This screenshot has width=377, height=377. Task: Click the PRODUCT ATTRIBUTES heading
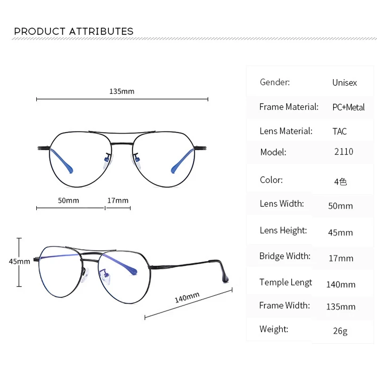tap(74, 32)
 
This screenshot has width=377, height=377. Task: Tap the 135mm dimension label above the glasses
tap(122, 91)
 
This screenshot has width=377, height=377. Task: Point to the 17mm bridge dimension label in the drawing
tap(117, 200)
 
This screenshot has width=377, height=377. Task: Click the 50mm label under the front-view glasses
tap(68, 200)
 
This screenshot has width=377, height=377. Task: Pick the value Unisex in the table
tap(344, 82)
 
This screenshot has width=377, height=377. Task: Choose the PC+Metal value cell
tap(348, 107)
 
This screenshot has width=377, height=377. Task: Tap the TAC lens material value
tap(339, 131)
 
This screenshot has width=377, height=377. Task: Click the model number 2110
tap(344, 152)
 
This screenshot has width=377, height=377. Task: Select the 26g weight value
tap(340, 331)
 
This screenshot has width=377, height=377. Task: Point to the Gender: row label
tap(275, 82)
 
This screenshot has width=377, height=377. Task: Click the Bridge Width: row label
tap(285, 256)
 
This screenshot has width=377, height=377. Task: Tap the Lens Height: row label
tap(283, 230)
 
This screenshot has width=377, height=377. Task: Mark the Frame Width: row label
tap(284, 305)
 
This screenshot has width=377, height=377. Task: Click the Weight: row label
tap(274, 329)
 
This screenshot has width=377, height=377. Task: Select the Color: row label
tap(271, 180)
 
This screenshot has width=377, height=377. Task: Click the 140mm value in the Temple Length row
tap(341, 285)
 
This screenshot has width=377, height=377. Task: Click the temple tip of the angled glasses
tap(225, 278)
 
